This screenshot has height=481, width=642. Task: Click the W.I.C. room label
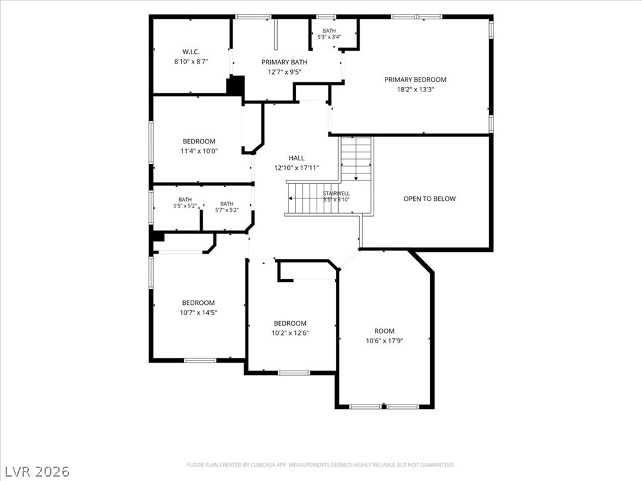coord(191,52)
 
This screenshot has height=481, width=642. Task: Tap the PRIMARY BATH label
coord(285,62)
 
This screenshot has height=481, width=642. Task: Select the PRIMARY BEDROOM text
coord(416,80)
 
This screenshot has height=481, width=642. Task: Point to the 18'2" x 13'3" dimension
coord(416,90)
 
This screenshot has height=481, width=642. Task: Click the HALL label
coord(297,158)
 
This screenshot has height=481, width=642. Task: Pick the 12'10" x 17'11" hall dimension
coord(297,168)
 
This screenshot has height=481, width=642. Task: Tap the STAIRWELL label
coord(336,194)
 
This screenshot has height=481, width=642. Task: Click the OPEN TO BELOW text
coord(429,199)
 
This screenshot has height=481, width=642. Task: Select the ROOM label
coord(384,331)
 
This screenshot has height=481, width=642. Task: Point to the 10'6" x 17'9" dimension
coord(384,341)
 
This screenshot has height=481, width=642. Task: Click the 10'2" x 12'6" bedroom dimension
coord(290,333)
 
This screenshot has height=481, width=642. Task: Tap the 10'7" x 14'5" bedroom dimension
coord(199,313)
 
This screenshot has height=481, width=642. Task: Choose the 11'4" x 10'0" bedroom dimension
coord(199,151)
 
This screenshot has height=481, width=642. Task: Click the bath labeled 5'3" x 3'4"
coord(329,37)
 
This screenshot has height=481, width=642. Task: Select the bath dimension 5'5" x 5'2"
coord(185,205)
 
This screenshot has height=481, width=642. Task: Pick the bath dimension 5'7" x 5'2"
coord(227,210)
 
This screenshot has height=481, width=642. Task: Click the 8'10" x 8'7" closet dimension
coord(191,62)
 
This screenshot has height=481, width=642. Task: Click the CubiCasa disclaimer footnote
coord(321,465)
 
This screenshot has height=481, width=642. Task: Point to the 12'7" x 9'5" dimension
coord(285,72)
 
